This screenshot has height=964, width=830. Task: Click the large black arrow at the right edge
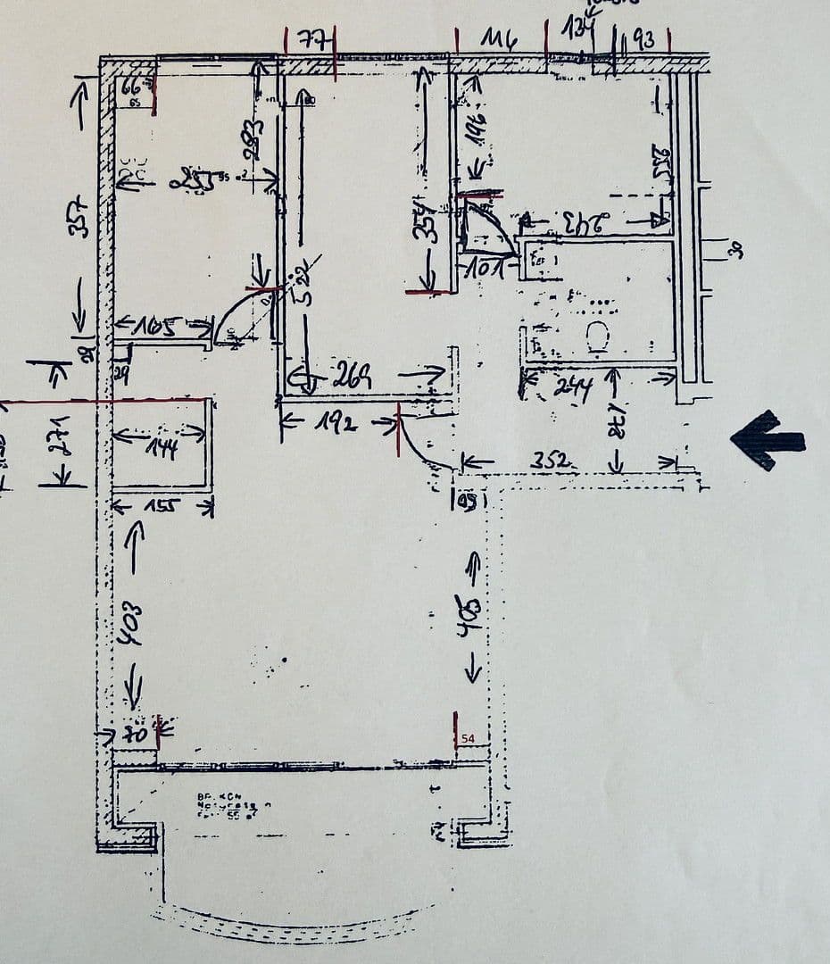[767, 439]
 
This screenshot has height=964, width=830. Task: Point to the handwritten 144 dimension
[162, 445]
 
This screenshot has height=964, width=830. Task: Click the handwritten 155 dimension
[162, 506]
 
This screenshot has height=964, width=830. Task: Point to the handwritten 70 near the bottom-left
[135, 735]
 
